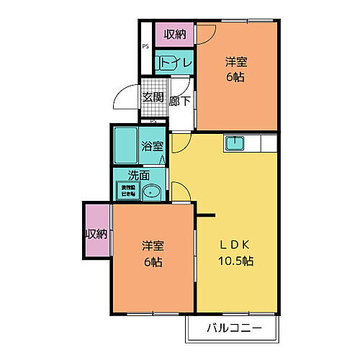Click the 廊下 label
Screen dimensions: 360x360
(180, 101)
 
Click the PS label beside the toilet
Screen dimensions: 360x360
(145, 48)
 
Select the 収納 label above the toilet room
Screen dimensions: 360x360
(174, 34)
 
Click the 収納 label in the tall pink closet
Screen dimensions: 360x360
(96, 233)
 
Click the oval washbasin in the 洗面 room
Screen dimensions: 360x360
(152, 192)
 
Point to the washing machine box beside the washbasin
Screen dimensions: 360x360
(126, 191)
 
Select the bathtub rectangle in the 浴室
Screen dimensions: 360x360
(127, 146)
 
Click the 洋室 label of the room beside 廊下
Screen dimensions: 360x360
(237, 62)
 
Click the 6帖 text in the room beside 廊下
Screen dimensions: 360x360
(237, 77)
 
